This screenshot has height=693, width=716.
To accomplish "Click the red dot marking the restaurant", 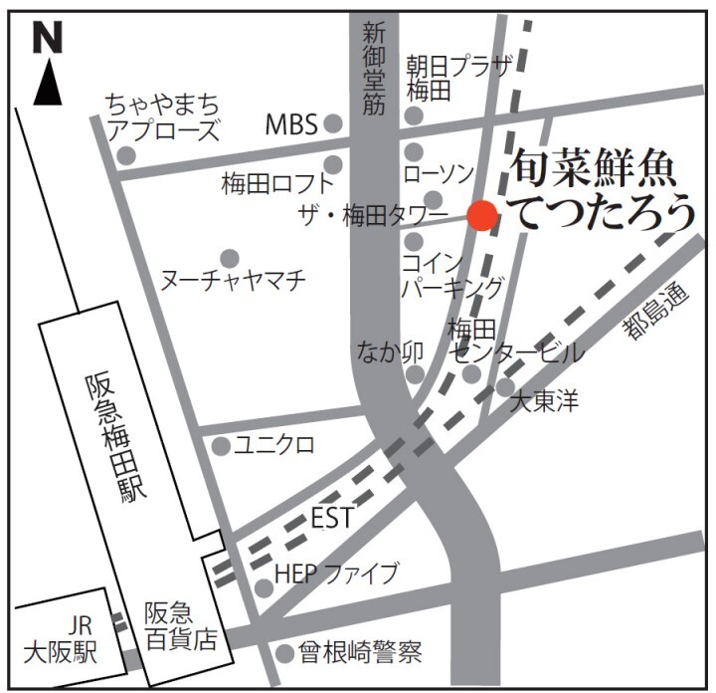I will [482, 215].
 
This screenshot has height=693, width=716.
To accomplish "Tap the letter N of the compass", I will [47, 38].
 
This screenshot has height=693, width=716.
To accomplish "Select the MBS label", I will [291, 124].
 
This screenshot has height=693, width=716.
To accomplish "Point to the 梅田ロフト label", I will [277, 183].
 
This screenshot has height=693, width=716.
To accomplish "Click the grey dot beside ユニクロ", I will [221, 446].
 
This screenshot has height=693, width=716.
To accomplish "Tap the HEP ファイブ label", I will [336, 574].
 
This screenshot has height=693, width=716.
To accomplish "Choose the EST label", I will [333, 519].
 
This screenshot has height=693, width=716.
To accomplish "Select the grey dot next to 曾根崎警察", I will [286, 653].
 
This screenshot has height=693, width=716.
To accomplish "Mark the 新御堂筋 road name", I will [373, 67].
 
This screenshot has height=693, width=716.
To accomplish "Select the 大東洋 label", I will [544, 403].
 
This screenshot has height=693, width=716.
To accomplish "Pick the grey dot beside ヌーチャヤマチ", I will [230, 258].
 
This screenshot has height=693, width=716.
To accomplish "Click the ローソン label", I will [440, 174].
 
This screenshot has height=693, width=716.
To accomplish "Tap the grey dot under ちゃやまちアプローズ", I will [125, 154].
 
